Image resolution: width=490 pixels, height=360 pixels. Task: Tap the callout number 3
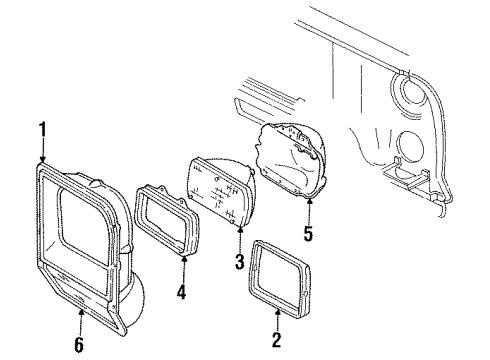238,262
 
